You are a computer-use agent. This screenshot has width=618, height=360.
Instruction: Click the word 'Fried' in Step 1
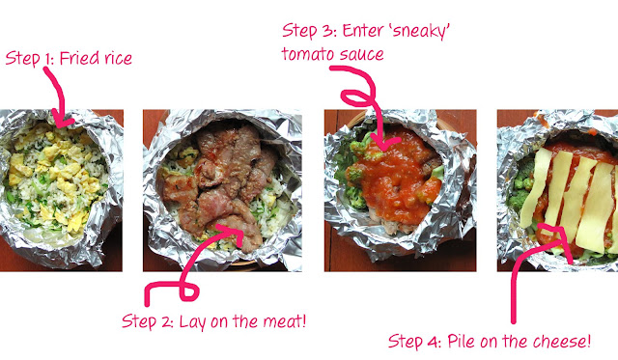pos(79,59)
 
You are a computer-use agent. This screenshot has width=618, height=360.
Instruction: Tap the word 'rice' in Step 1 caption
pos(118,59)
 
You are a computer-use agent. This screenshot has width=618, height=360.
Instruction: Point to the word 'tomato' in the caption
pos(305,54)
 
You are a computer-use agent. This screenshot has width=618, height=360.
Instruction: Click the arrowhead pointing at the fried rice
pos(62,120)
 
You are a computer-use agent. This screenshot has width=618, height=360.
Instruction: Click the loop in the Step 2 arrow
pos(188,291)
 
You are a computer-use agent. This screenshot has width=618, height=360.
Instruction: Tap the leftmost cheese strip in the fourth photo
pos(535,188)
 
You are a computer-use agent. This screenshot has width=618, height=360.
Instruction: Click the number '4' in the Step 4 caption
pos(433,342)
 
